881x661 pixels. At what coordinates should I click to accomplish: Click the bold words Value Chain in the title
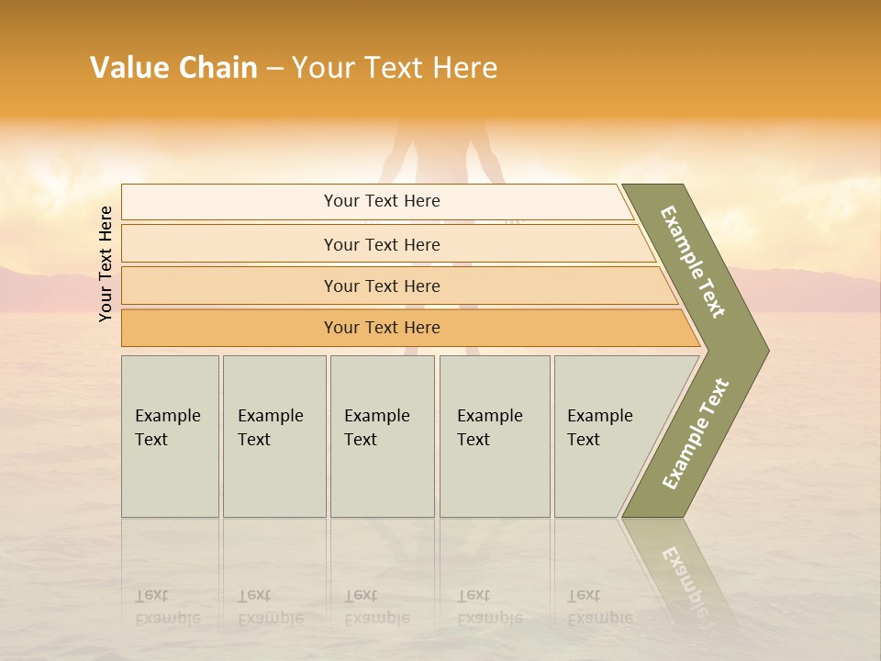173,68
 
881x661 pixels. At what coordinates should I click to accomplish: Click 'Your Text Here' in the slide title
395,68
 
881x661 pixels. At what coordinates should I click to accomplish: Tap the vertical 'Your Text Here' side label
106,263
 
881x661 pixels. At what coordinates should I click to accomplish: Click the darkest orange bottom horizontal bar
229,328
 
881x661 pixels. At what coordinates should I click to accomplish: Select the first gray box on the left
170,436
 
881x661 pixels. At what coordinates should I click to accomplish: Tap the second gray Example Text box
274,436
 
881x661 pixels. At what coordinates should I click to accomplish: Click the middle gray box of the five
382,436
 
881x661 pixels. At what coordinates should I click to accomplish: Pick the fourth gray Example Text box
495,436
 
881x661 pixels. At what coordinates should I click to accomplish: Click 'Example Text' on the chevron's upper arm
693,262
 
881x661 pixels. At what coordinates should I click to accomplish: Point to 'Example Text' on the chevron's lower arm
696,433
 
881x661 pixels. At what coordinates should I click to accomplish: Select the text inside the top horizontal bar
382,201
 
